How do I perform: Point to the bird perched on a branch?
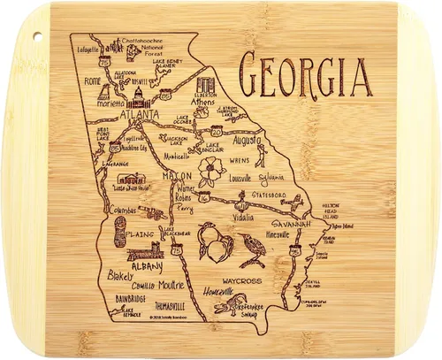tap(252, 249)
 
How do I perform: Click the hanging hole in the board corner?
tap(37, 35)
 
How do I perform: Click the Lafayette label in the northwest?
tap(91, 50)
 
